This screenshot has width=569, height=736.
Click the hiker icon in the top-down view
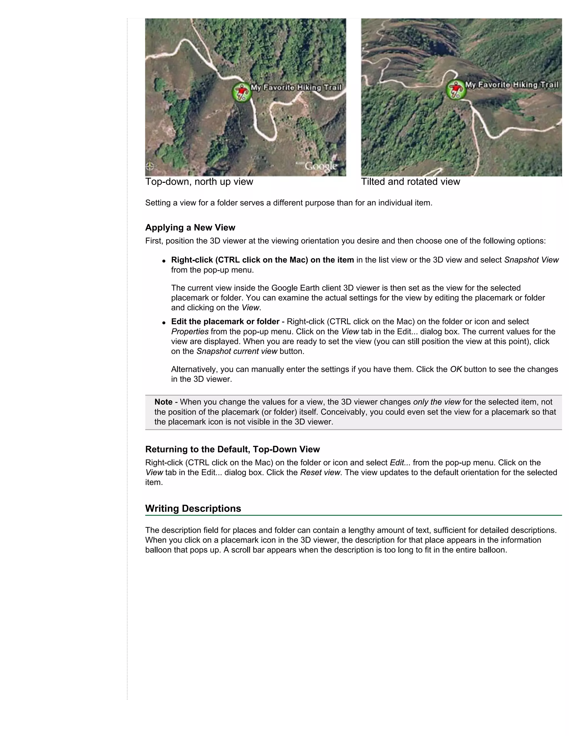pyautogui.click(x=242, y=92)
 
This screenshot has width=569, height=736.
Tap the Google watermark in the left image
pyautogui.click(x=321, y=166)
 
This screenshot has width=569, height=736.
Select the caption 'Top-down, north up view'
pyautogui.click(x=199, y=182)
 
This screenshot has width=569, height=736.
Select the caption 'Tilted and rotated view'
pyautogui.click(x=410, y=182)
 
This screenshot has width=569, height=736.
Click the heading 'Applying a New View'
pyautogui.click(x=190, y=227)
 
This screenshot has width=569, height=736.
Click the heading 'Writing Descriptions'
pyautogui.click(x=193, y=509)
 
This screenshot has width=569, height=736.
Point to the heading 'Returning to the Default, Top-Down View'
pyautogui.click(x=232, y=449)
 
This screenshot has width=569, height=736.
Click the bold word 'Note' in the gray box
pyautogui.click(x=163, y=402)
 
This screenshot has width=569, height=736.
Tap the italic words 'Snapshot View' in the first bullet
pyautogui.click(x=531, y=260)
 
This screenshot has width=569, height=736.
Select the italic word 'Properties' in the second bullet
pyautogui.click(x=190, y=332)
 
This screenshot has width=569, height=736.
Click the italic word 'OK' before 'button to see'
pyautogui.click(x=456, y=369)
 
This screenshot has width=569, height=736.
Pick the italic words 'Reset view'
pyautogui.click(x=320, y=472)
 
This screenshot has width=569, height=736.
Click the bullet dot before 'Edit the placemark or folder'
pyautogui.click(x=164, y=322)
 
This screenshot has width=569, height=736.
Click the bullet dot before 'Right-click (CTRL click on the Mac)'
pyautogui.click(x=164, y=261)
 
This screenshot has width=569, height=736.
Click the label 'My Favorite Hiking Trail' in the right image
pyautogui.click(x=511, y=85)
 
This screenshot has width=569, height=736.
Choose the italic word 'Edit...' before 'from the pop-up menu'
pyautogui.click(x=400, y=463)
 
